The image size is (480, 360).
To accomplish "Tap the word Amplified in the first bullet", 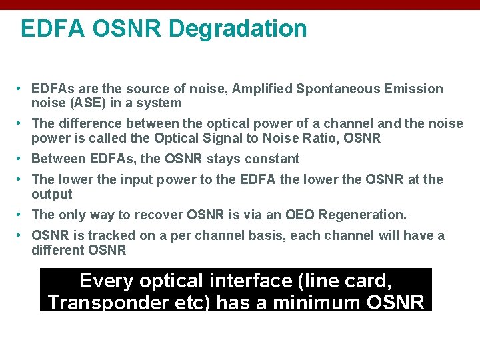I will tap(266, 89).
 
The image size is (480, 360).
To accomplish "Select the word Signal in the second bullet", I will tap(244, 139).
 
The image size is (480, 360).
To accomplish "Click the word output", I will tap(52, 194).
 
